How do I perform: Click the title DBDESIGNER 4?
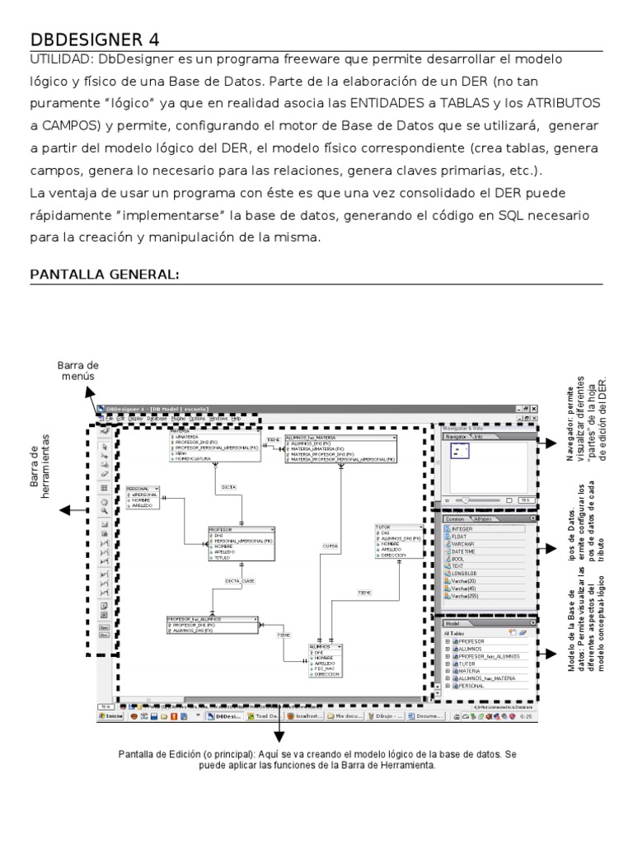(x=95, y=40)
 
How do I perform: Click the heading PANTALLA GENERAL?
(x=105, y=274)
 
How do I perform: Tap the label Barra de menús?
(x=78, y=370)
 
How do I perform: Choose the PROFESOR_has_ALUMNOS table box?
(x=213, y=624)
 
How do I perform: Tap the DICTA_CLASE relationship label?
(x=240, y=581)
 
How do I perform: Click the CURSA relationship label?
(x=330, y=546)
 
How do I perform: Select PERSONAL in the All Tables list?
(x=471, y=686)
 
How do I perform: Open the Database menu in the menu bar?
(x=157, y=419)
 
